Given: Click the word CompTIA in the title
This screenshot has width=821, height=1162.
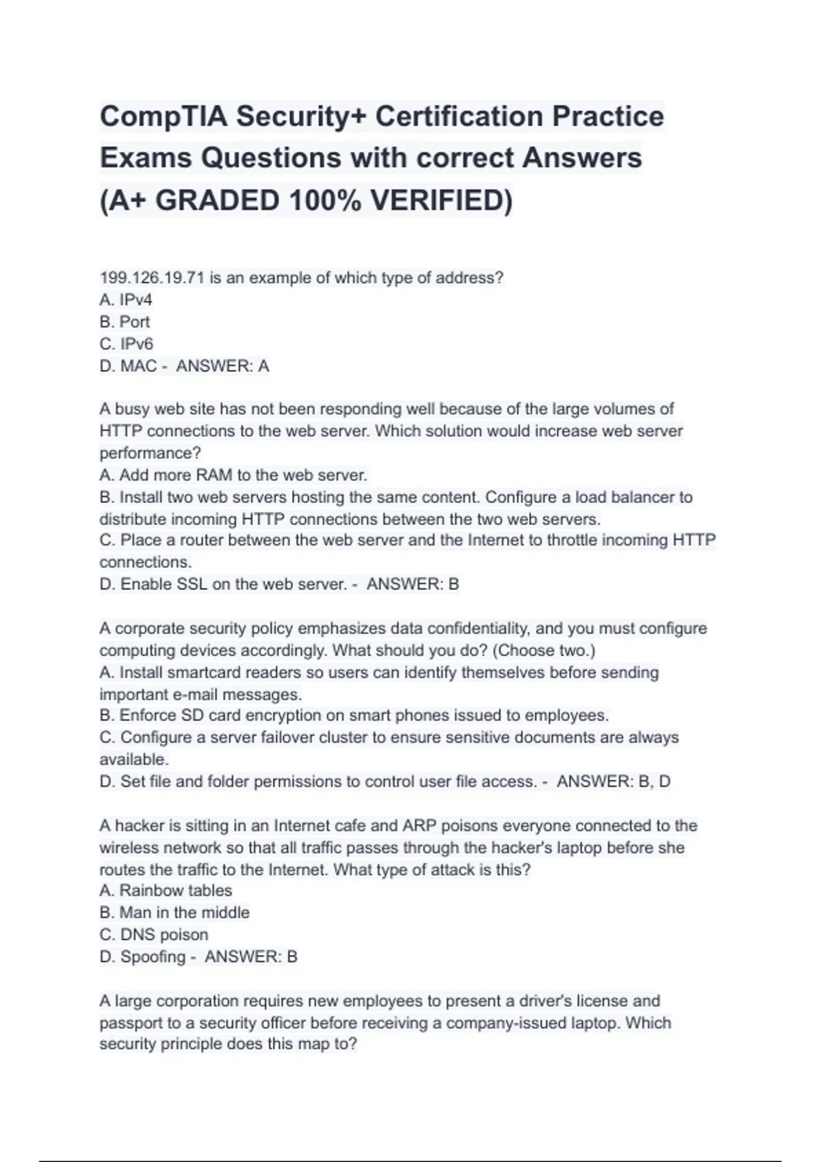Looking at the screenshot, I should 163,116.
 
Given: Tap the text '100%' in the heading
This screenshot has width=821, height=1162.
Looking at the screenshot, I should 325,200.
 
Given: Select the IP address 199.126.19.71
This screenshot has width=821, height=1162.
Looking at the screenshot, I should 152,278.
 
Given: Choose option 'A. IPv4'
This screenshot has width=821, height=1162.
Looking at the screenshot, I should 126,300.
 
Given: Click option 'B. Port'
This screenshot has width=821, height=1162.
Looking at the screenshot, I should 125,322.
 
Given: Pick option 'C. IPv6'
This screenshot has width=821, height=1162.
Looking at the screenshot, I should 127,344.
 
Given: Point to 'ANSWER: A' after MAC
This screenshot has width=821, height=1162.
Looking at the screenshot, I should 222,366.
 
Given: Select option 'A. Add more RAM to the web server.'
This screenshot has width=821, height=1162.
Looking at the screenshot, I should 233,475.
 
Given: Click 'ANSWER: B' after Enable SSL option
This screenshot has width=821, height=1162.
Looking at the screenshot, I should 413,584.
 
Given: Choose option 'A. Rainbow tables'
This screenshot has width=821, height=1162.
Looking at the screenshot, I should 166,891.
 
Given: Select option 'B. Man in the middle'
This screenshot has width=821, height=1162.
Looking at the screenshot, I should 174,913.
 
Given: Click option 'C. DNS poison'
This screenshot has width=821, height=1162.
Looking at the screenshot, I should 154,934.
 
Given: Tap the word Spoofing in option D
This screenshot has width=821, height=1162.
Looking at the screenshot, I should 153,957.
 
